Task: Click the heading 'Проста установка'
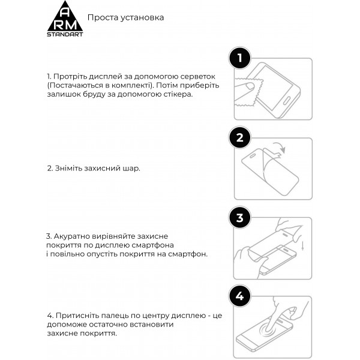coord(125,18)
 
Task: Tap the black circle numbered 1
coord(240,59)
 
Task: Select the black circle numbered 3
coord(240,218)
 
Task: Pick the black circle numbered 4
coord(240,296)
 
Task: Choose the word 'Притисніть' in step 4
coord(75,315)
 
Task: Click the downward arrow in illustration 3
coord(302,245)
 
